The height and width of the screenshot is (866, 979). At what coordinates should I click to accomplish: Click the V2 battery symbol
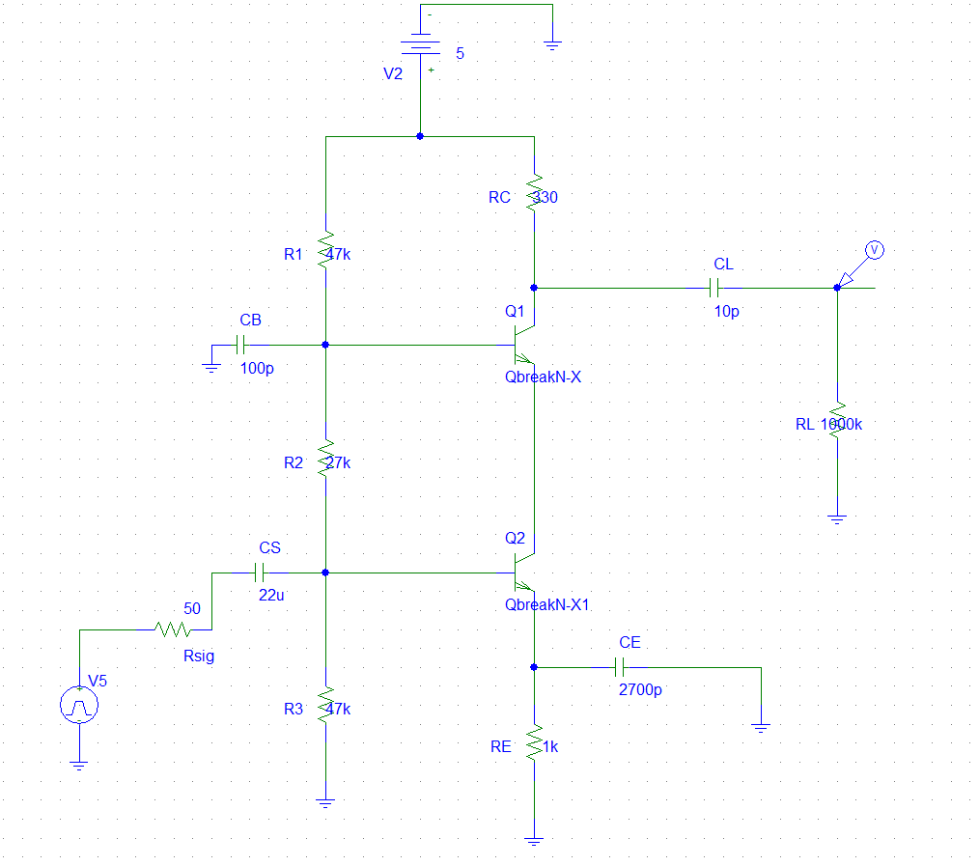(420, 45)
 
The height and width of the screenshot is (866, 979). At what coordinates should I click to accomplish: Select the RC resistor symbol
(533, 193)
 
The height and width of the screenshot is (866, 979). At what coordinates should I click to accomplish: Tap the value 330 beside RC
(546, 197)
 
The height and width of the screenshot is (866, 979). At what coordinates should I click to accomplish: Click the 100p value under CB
(257, 368)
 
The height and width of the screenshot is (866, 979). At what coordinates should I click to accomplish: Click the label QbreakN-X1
(546, 605)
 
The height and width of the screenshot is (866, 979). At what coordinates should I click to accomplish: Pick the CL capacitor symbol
(715, 287)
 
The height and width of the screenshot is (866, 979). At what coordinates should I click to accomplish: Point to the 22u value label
(271, 596)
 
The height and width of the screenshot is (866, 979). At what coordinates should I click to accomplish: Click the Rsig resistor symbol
(174, 629)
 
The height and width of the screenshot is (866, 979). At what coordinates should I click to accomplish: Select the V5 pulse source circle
(79, 706)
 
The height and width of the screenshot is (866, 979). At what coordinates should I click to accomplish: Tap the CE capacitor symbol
(622, 667)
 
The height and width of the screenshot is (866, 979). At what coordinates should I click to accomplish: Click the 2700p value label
(639, 690)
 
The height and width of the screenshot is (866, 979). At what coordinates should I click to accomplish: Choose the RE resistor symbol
(533, 743)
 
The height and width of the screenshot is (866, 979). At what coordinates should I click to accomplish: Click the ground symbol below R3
(325, 800)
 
